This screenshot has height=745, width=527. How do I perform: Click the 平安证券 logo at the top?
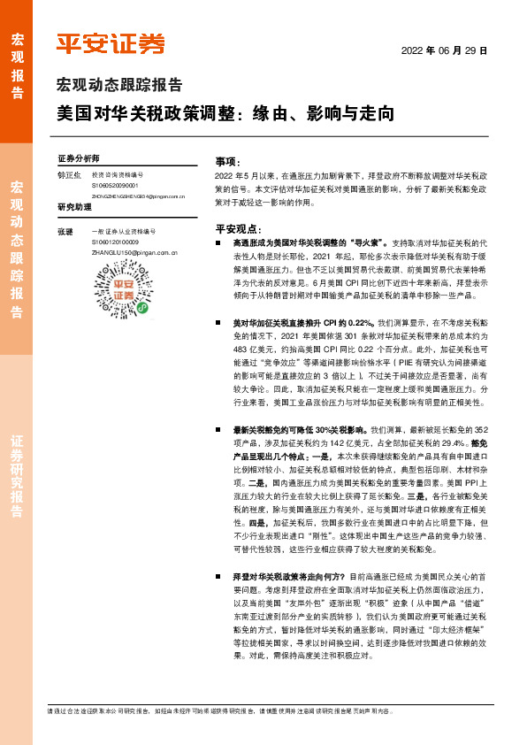coord(111,43)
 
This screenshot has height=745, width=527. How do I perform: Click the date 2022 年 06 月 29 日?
coord(446,51)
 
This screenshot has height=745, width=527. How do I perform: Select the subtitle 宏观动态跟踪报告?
coord(118,86)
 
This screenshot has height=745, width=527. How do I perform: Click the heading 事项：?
coord(228,162)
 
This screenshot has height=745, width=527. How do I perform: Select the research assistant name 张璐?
coord(65,232)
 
